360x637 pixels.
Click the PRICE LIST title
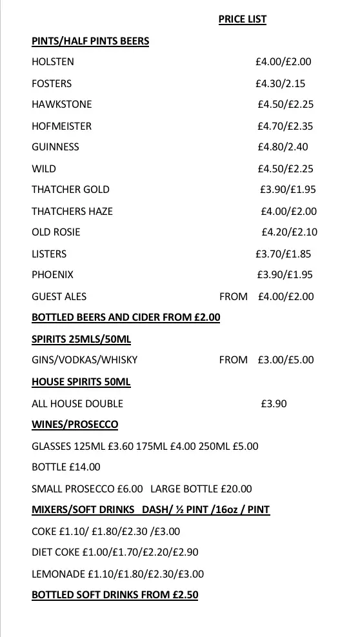(242, 19)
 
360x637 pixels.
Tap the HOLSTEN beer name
(53, 62)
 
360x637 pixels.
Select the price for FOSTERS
(280, 83)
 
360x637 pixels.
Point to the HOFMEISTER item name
(61, 126)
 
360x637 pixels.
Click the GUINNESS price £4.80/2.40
(283, 147)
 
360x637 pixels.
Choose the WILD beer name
(44, 168)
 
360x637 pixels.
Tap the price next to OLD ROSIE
(289, 232)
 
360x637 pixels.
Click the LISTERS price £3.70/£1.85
(283, 254)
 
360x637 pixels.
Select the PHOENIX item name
(52, 274)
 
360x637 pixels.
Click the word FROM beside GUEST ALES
(233, 296)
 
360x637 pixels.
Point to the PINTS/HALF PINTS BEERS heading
(90, 41)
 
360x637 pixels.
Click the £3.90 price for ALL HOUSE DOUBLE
(274, 403)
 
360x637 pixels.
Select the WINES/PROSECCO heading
(75, 424)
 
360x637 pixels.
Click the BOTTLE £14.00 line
(66, 467)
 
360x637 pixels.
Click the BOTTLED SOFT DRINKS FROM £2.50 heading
(115, 594)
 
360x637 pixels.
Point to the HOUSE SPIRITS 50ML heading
(81, 381)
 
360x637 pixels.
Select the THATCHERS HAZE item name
(72, 211)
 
